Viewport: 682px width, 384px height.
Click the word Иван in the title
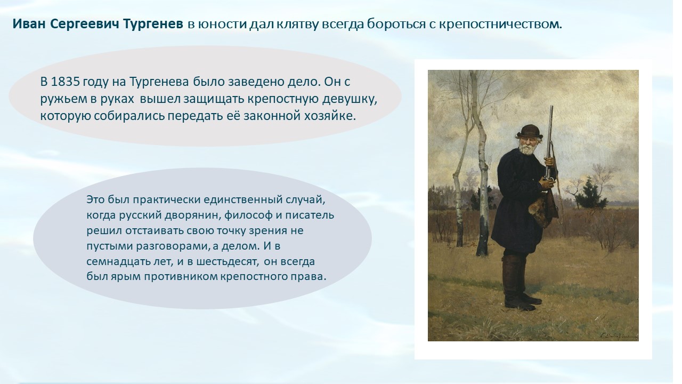[29, 24]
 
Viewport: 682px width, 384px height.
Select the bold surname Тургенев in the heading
[153, 24]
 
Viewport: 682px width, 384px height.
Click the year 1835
[65, 82]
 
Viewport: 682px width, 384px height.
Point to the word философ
[248, 215]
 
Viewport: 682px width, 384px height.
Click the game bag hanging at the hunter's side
[544, 209]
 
